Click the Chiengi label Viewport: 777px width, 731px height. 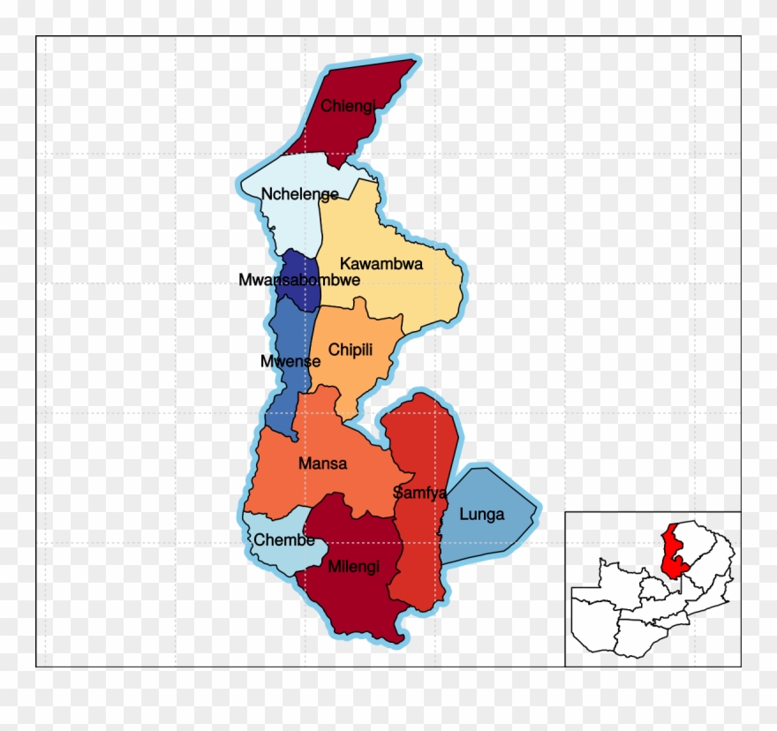pos(348,106)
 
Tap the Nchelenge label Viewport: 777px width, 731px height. pos(300,194)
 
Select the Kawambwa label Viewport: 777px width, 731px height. pos(381,263)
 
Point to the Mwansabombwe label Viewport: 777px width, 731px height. pos(299,280)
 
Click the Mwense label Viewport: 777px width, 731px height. pos(290,361)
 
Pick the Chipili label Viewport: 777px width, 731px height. pos(351,350)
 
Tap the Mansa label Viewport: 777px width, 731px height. pos(322,463)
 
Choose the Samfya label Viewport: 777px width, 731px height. pos(420,493)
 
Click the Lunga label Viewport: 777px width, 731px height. pos(482,515)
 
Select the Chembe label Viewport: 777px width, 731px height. pos(285,540)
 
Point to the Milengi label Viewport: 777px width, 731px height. pos(353,567)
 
